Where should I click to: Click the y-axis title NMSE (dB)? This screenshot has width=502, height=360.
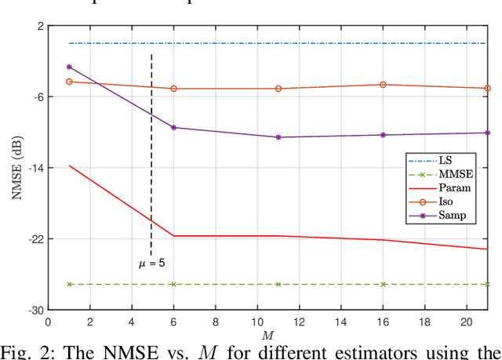point(17,168)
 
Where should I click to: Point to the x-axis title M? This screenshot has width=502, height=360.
point(267,335)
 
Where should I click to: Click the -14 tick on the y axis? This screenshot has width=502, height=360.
point(33,168)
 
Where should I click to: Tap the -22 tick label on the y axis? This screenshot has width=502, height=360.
point(33,238)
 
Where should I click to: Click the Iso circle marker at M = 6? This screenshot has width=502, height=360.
point(173,89)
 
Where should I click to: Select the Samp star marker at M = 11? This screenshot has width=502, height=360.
point(278,137)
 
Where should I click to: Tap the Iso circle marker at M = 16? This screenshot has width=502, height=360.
point(383,85)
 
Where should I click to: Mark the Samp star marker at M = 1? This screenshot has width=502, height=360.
point(69,67)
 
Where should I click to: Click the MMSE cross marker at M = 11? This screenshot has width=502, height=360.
point(278,284)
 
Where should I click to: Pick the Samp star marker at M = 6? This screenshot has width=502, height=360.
point(173,127)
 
